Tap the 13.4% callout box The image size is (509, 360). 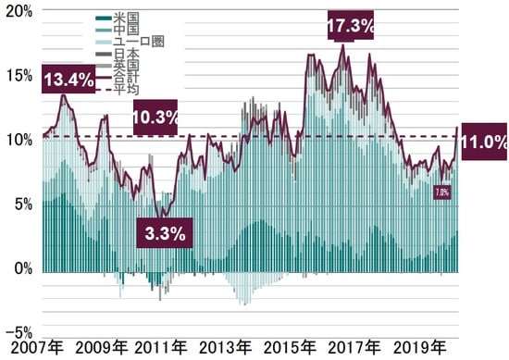click(68, 79)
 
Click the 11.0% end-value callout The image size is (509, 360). click(483, 142)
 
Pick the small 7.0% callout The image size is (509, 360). click(442, 192)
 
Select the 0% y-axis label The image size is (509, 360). click(22, 268)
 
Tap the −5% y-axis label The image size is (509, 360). click(19, 331)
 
